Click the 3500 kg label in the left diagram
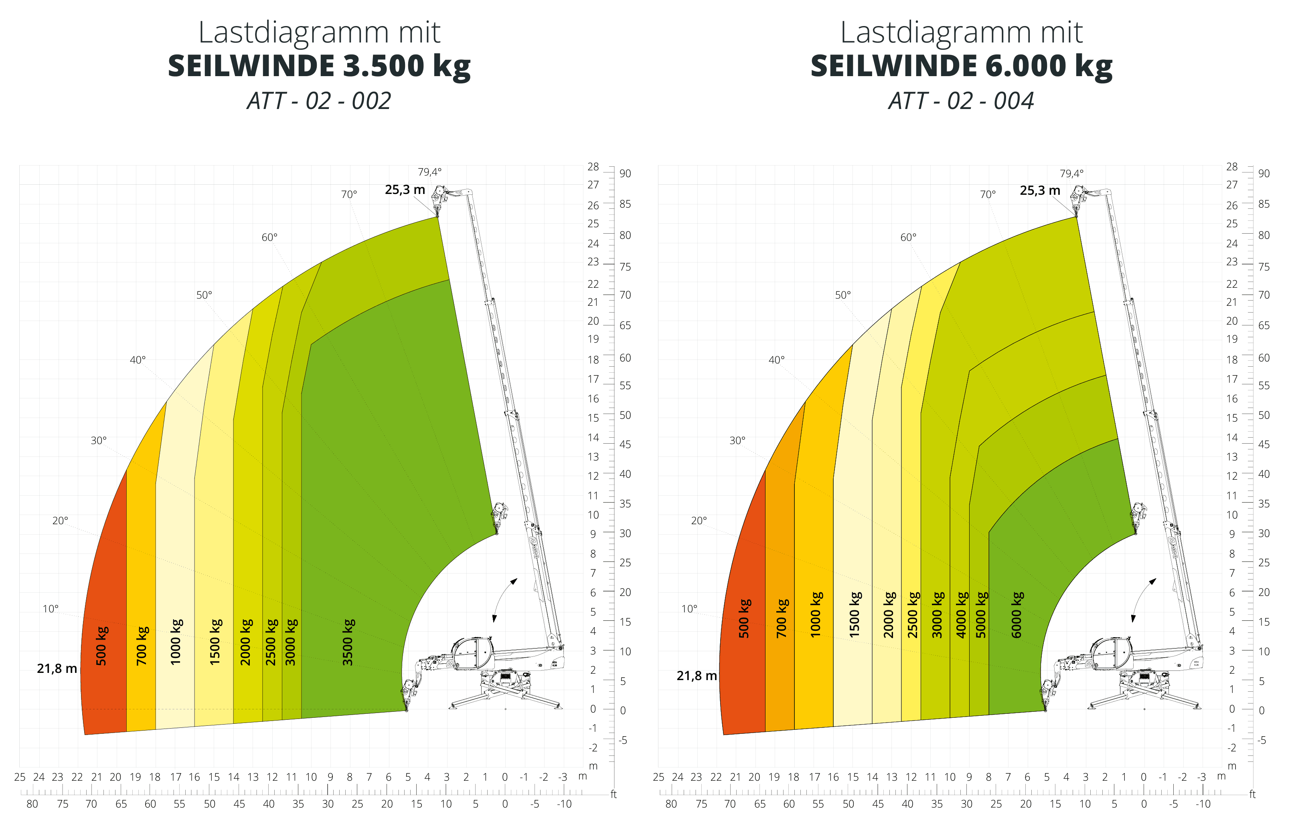pos(348,642)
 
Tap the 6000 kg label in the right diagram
pos(1017,615)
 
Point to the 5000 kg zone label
pos(981,615)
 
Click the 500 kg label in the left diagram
pos(101,646)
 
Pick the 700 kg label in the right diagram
pos(782,618)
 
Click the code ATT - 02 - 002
pos(319,101)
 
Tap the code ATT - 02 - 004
pos(961,101)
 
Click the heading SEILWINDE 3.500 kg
pos(319,66)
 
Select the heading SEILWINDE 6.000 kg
pos(961,66)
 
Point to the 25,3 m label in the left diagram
pos(405,190)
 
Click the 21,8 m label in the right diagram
pos(697,676)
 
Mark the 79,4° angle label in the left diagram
pos(429,172)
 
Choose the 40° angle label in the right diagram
pos(776,360)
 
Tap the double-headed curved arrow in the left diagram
pos(504,600)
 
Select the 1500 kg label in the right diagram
pos(855,615)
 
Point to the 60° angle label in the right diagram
pos(908,237)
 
